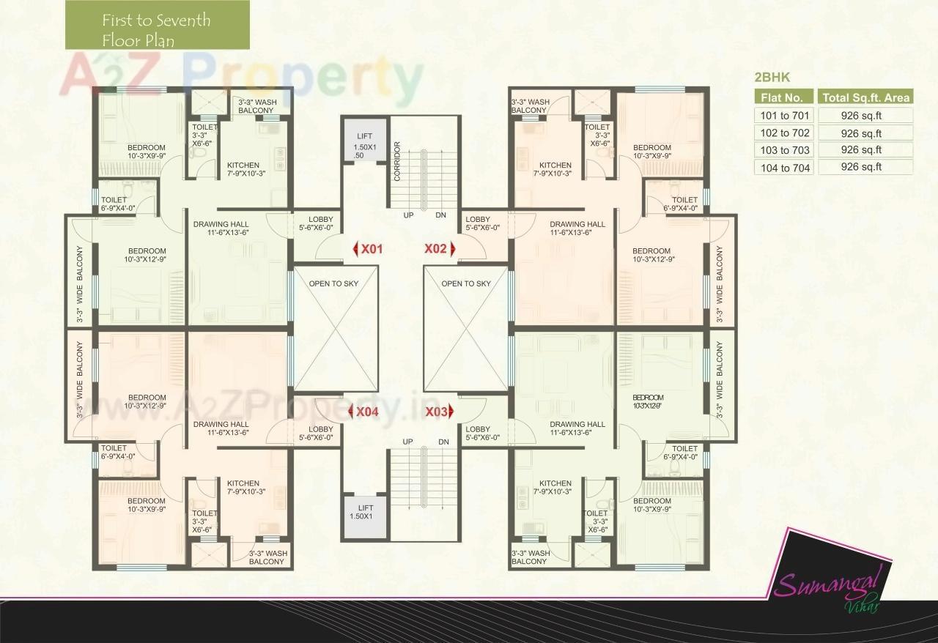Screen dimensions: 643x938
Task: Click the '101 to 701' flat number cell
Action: coord(784,116)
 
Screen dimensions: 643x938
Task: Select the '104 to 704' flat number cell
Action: coord(784,167)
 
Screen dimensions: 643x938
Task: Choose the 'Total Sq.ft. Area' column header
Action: coord(865,97)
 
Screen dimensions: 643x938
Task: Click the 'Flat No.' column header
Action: coord(784,97)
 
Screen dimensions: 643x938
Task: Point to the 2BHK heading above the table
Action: coord(772,77)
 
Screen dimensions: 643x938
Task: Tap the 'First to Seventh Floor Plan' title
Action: coord(157,29)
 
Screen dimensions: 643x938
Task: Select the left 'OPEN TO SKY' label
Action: coord(333,283)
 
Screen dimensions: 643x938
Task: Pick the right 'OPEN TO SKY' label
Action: coord(466,283)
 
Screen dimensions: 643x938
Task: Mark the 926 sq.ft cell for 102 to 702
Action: coord(865,133)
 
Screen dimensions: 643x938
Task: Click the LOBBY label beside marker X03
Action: coord(478,434)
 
